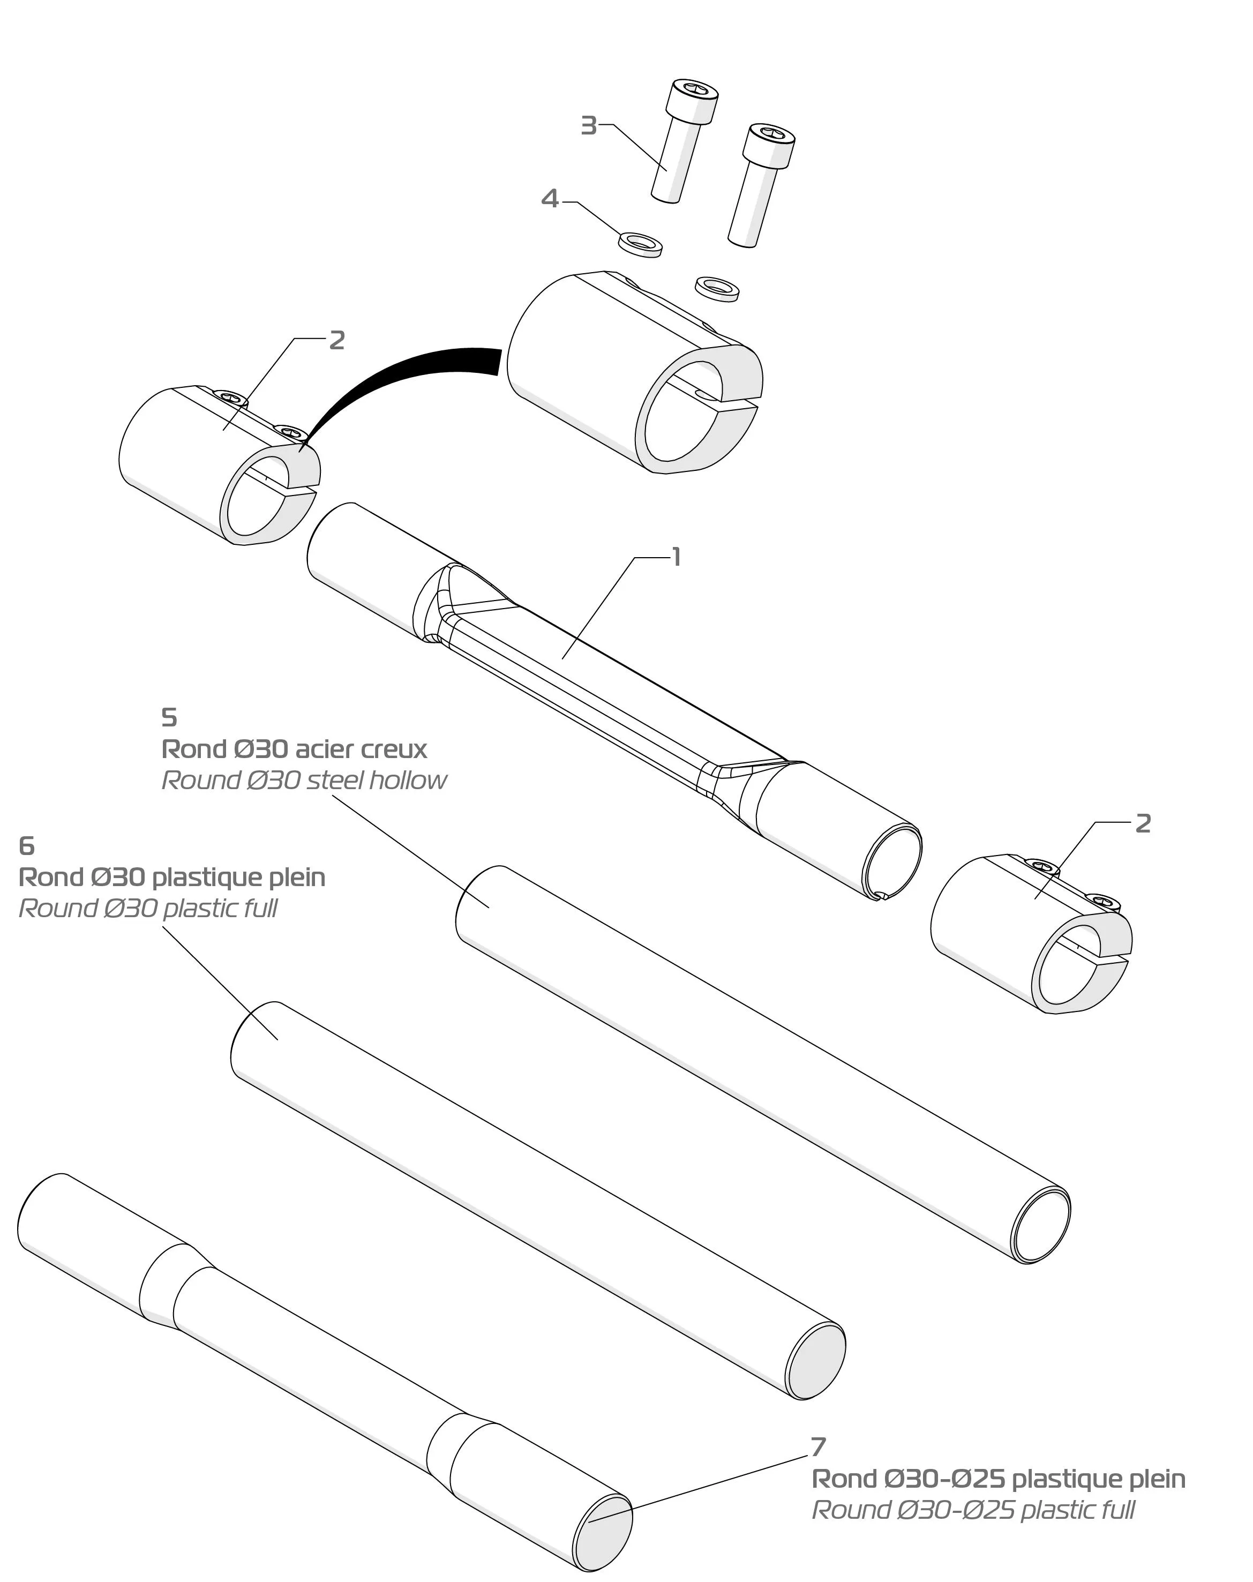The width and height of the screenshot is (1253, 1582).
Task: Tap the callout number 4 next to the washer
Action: click(550, 198)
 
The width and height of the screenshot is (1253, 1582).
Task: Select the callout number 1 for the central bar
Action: click(677, 557)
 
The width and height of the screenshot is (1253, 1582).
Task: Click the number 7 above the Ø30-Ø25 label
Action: click(819, 1446)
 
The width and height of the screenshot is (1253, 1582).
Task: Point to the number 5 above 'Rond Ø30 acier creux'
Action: click(169, 717)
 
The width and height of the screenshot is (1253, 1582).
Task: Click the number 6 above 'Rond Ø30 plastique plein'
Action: click(26, 846)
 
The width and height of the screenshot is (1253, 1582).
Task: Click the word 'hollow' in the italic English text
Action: click(407, 780)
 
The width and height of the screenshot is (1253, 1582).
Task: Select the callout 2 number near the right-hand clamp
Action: click(1143, 823)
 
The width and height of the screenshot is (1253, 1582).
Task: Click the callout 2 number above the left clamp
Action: click(337, 340)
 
